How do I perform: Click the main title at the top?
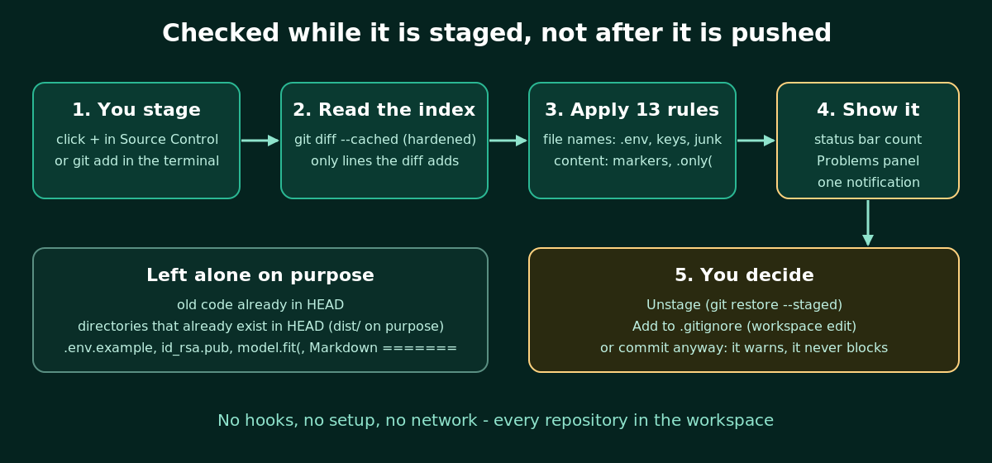coord(497,33)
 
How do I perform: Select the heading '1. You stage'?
coord(136,109)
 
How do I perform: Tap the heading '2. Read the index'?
coord(384,109)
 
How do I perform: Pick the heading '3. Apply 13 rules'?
coord(632,109)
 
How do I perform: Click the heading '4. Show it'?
coord(868,109)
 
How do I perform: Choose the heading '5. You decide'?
coord(744,274)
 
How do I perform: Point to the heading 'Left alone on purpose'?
coord(260,274)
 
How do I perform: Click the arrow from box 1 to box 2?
coord(260,141)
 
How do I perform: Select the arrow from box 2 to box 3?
coord(508,141)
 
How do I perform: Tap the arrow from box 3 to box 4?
coord(756,141)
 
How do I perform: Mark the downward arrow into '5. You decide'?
coord(868,223)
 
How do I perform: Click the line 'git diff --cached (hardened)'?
coord(385,140)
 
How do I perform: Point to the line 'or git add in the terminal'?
coord(137,161)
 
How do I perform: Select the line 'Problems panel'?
coord(868,161)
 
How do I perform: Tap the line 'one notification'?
coord(869,182)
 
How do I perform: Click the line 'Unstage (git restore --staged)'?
coord(744,305)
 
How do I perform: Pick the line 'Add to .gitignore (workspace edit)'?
coord(744,326)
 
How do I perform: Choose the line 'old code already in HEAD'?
coord(260,305)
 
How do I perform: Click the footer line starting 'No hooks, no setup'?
coord(495,420)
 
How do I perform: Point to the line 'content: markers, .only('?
coord(633,161)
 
